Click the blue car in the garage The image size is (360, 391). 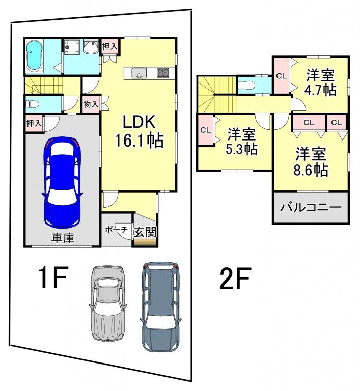pyautogui.click(x=63, y=182)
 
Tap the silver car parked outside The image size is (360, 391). pyautogui.click(x=108, y=303)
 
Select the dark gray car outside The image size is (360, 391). pyautogui.click(x=161, y=306)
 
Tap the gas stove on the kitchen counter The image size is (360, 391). pyautogui.click(x=162, y=73)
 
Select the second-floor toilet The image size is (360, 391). pyautogui.click(x=246, y=85)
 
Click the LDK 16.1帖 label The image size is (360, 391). pyautogui.click(x=139, y=131)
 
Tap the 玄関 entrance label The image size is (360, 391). pyautogui.click(x=145, y=232)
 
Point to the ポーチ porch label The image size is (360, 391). pyautogui.click(x=117, y=230)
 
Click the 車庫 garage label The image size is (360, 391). pyautogui.click(x=63, y=238)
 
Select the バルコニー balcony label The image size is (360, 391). pyautogui.click(x=311, y=208)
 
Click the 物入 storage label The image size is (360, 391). pyautogui.click(x=91, y=104)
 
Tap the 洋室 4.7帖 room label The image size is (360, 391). pyautogui.click(x=320, y=83)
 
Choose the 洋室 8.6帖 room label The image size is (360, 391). pyautogui.click(x=311, y=162)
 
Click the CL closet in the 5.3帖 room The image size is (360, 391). pyautogui.click(x=206, y=130)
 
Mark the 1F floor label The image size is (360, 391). pyautogui.click(x=53, y=277)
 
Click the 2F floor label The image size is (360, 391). pyautogui.click(x=235, y=278)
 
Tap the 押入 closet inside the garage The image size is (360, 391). pyautogui.click(x=34, y=123)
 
